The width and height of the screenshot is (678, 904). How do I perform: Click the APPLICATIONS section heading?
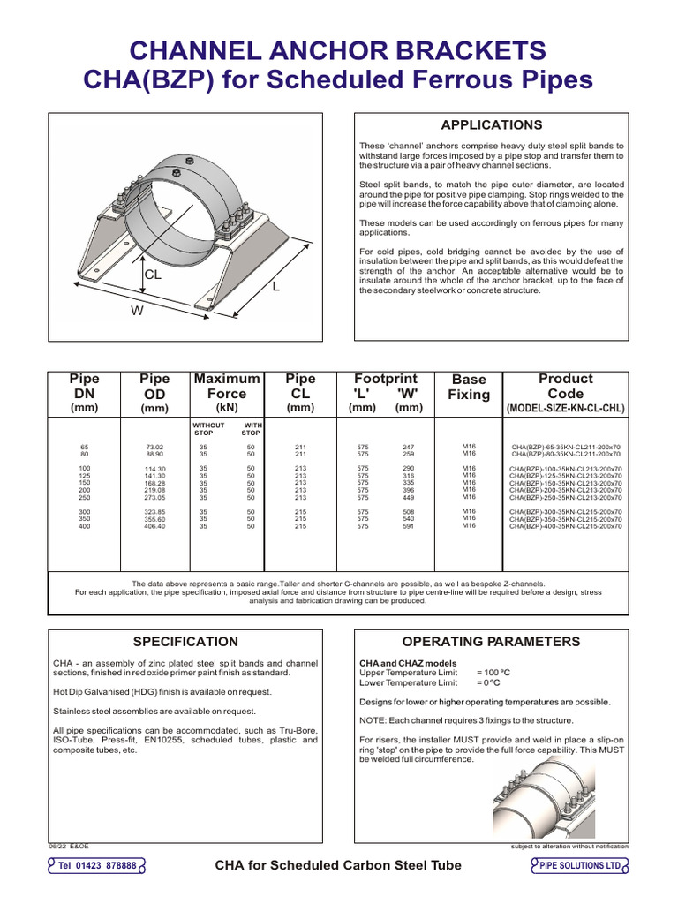[x=491, y=125]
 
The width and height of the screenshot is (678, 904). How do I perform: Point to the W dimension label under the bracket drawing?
[x=136, y=310]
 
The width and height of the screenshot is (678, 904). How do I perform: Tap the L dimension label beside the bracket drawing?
[x=275, y=287]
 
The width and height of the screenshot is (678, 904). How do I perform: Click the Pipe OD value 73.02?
[x=155, y=448]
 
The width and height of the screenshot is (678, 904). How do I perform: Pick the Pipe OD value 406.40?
[x=155, y=526]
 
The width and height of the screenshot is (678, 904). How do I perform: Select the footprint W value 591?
[x=409, y=526]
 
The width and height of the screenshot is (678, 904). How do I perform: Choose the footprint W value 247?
[x=409, y=448]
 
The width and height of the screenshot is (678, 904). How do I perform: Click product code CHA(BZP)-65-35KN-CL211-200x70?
[x=566, y=448]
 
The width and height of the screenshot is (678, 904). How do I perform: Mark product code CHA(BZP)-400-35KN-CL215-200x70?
[x=566, y=527]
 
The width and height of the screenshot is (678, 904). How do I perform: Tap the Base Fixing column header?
[x=469, y=387]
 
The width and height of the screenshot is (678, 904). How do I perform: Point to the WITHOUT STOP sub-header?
[x=209, y=429]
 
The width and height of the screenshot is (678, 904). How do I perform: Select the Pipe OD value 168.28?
[x=155, y=483]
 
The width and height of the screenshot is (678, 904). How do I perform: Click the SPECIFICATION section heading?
[x=185, y=642]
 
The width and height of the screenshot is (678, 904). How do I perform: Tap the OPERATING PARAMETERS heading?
[x=491, y=642]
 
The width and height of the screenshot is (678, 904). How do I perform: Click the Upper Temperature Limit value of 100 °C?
[x=494, y=672]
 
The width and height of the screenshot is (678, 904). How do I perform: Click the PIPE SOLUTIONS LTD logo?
[x=580, y=866]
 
